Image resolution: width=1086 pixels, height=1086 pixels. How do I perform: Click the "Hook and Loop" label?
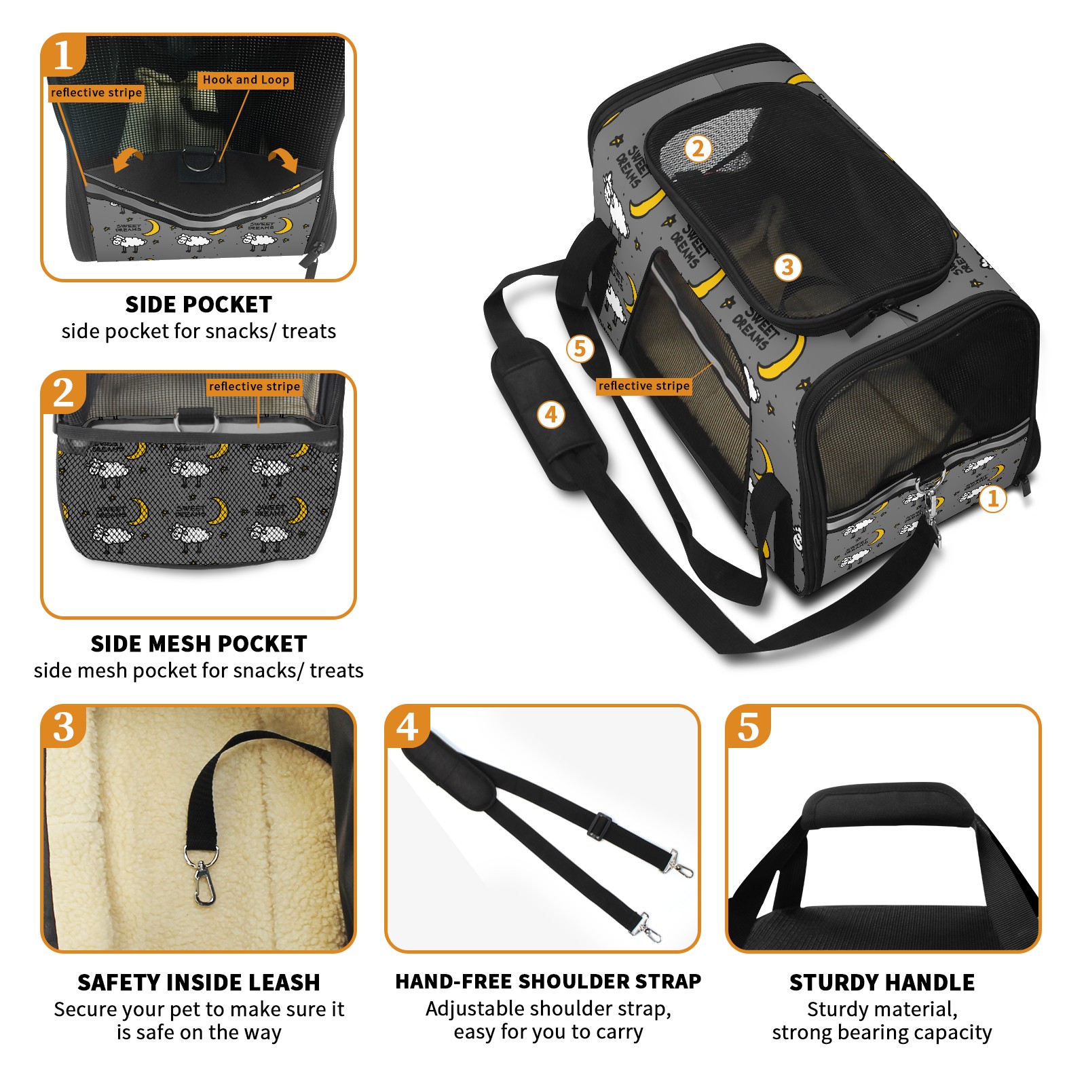tap(246, 80)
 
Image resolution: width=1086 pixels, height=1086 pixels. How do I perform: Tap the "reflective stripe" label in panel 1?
tap(96, 93)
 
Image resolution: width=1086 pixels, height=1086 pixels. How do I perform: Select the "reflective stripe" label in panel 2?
tap(255, 386)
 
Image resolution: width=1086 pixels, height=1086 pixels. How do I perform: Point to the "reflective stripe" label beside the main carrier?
tap(643, 386)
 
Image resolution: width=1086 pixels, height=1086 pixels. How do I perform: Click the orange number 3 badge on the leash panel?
tap(64, 727)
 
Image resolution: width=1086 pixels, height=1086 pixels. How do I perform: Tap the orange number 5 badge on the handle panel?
tap(749, 727)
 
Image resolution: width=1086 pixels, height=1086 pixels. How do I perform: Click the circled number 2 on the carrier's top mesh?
tap(698, 149)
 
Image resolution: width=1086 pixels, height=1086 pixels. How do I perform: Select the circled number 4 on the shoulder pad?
tap(551, 414)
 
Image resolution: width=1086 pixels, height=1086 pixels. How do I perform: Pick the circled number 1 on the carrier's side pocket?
tap(993, 499)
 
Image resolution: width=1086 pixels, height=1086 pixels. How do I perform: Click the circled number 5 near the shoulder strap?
tap(580, 349)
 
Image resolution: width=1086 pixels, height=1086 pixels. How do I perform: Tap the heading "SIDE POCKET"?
tap(199, 305)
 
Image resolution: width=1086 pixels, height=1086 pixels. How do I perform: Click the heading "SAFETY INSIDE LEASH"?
tap(199, 982)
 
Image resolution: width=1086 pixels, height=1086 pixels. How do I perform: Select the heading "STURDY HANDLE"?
tap(882, 982)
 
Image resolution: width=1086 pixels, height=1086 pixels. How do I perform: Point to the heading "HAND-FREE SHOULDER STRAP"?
tap(548, 981)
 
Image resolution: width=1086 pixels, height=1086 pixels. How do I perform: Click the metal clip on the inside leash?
tap(202, 875)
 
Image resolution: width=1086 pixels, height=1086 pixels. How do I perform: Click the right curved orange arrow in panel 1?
tap(284, 160)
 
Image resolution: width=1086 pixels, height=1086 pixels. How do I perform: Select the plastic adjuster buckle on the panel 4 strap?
tap(599, 826)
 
